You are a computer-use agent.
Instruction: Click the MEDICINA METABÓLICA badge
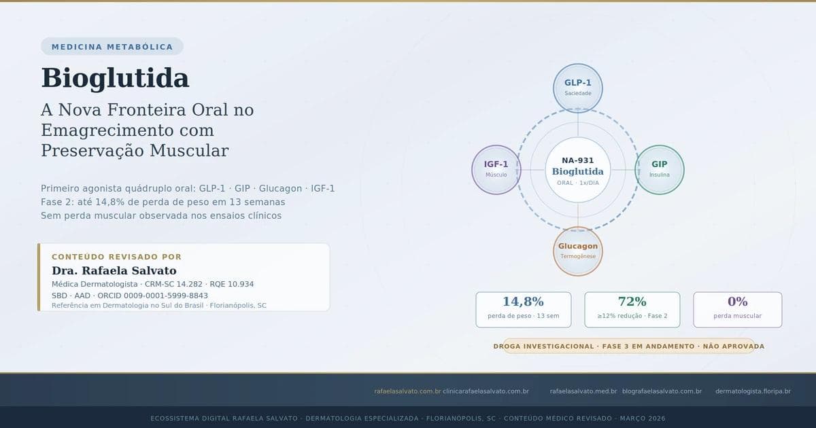point(112,47)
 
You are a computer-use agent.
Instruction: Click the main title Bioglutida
point(115,78)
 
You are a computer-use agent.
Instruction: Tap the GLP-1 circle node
point(577,87)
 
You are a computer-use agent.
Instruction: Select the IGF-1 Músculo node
point(496,169)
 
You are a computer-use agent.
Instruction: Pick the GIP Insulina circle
point(659,169)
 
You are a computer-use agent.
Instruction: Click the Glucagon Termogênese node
point(577,251)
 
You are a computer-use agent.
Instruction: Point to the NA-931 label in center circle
point(577,160)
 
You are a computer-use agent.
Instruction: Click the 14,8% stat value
point(523,302)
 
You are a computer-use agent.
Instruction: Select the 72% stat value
point(632,302)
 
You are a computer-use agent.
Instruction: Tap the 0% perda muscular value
point(737,302)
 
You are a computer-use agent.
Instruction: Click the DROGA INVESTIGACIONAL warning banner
point(628,346)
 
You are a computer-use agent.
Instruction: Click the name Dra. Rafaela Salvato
point(114,270)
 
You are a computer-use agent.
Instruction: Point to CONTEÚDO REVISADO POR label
point(116,257)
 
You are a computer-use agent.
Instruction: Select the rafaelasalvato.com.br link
point(407,391)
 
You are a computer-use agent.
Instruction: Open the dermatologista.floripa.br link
point(753,391)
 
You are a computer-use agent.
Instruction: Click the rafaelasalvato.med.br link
point(583,391)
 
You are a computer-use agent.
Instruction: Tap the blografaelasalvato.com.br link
point(662,391)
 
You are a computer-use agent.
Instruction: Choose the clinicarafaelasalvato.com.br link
point(486,391)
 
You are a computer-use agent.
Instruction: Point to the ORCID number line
point(130,296)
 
